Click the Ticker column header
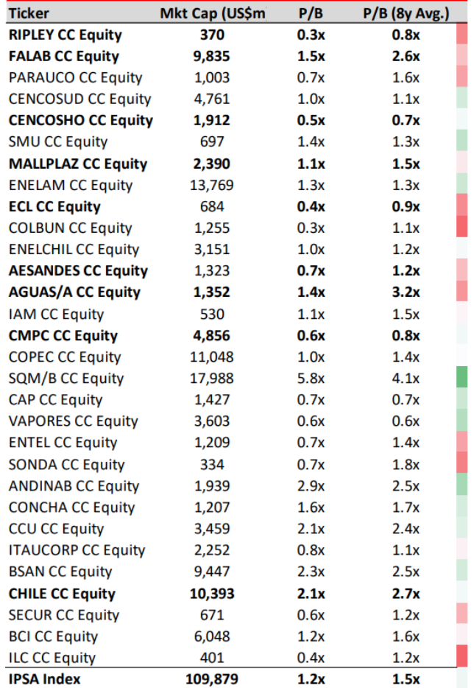click(29, 13)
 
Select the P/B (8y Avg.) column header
click(406, 13)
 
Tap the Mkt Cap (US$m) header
click(213, 13)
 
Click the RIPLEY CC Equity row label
click(66, 35)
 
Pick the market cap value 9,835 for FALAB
click(212, 56)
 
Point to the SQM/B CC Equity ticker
click(66, 378)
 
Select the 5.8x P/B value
click(311, 378)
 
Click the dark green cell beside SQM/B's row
click(461, 377)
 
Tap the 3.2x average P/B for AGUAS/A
click(406, 292)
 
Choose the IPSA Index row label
click(44, 679)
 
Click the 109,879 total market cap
click(212, 679)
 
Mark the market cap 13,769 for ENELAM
click(212, 185)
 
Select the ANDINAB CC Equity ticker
click(74, 485)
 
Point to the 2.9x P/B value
click(311, 485)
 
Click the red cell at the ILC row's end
click(461, 656)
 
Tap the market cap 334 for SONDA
click(212, 464)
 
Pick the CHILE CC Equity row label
click(62, 594)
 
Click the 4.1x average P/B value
click(406, 378)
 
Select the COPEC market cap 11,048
click(212, 357)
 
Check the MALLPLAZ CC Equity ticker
click(78, 164)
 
